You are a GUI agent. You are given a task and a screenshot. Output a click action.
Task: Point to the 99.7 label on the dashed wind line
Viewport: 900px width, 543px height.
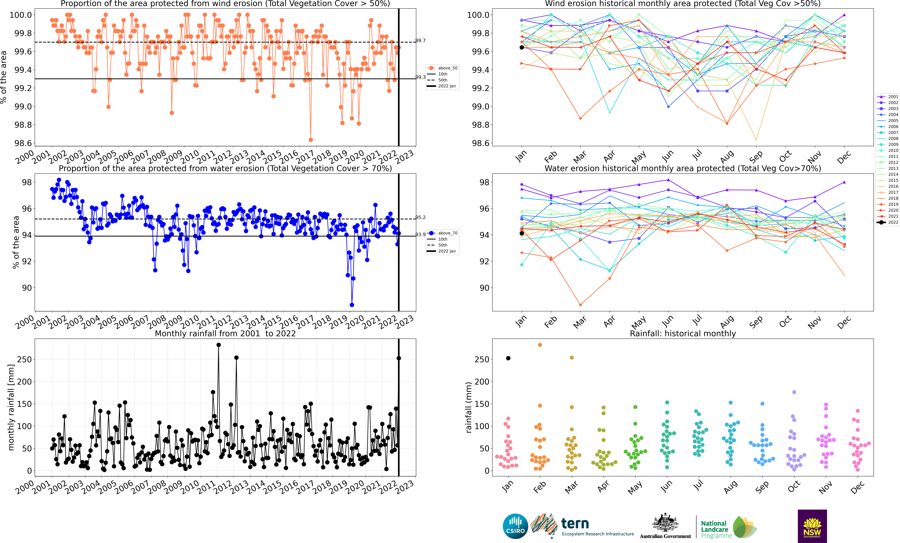[420, 41]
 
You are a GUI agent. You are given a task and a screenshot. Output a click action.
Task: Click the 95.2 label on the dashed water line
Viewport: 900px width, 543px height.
[420, 217]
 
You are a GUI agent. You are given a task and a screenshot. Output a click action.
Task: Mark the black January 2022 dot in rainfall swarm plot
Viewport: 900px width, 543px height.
[508, 358]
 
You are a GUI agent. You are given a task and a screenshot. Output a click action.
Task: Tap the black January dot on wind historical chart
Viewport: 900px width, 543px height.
[522, 47]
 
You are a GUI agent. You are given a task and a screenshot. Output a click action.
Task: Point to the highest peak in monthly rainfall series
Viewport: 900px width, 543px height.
[218, 345]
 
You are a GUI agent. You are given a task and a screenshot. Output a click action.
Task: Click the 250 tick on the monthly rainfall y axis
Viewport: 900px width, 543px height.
[24, 359]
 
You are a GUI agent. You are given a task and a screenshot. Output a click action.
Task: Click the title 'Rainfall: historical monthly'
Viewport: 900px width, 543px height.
[683, 333]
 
